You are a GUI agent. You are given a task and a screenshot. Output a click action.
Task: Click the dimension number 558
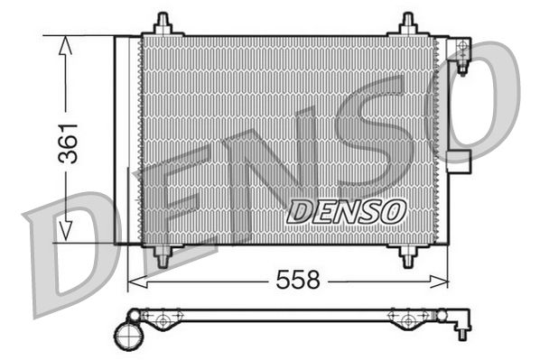tap(299, 280)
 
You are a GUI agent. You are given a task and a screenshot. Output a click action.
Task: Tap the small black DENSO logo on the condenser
tap(346, 211)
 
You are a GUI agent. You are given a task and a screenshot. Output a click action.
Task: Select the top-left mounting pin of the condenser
tap(162, 23)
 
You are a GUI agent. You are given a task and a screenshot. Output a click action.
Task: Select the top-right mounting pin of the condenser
tap(406, 23)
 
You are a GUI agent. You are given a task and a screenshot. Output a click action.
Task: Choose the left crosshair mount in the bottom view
tap(163, 318)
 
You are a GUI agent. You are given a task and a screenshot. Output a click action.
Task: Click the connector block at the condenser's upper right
tap(461, 51)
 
